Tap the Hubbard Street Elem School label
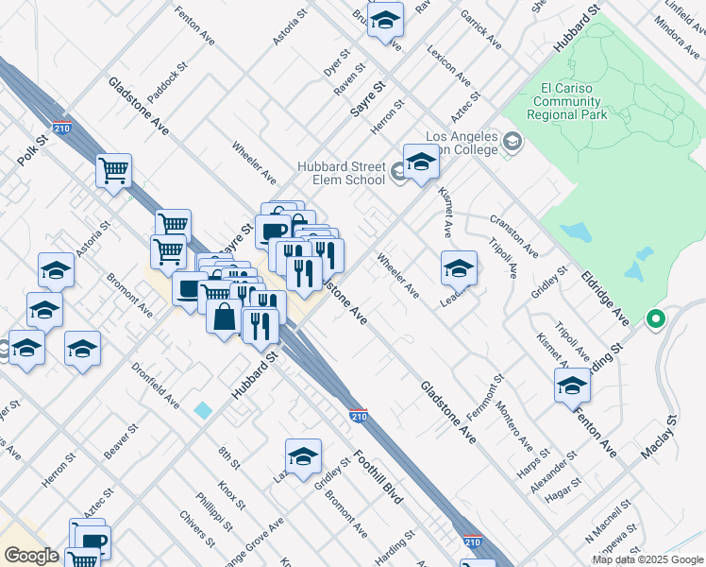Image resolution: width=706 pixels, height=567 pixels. [341, 173]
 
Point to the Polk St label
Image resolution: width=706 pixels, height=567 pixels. [31, 151]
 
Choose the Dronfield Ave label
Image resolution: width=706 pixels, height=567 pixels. [156, 387]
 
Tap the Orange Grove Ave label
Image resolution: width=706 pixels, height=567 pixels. [261, 540]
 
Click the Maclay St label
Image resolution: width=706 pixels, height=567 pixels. [658, 438]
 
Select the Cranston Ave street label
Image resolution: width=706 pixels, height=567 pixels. [513, 236]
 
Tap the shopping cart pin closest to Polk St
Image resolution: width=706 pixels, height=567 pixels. [114, 171]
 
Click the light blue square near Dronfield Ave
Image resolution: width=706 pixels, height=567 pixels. [203, 410]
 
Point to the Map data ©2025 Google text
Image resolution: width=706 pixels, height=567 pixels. [647, 559]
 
